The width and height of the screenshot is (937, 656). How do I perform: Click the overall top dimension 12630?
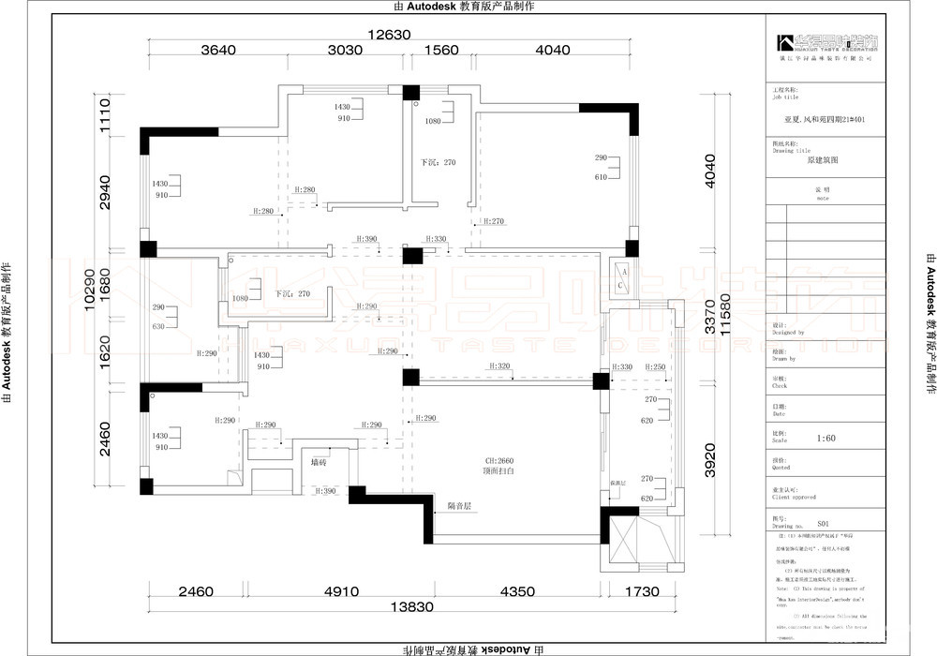(390, 36)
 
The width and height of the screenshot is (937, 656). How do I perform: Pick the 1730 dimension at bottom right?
(642, 592)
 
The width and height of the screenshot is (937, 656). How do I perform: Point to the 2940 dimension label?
(106, 192)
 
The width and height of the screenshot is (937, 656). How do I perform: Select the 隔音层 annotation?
(459, 506)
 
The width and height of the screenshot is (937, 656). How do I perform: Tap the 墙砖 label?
(319, 462)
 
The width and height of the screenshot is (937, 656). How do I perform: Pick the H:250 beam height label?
(655, 367)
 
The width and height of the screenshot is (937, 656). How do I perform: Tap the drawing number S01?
(824, 526)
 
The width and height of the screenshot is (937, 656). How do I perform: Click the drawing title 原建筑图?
(823, 160)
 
